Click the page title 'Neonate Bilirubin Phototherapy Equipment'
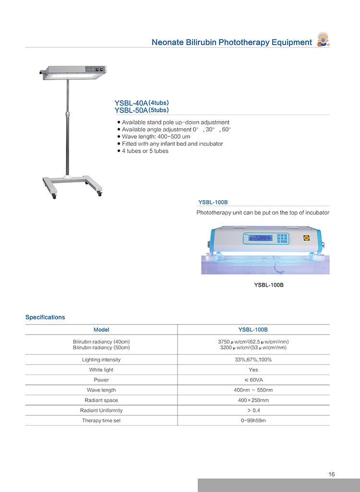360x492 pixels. [x=232, y=42]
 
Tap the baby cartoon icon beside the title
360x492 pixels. [x=322, y=40]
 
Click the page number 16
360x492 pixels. [x=332, y=474]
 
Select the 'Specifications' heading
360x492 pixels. [x=45, y=317]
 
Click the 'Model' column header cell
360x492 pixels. [x=101, y=330]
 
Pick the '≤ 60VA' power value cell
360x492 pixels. [x=253, y=380]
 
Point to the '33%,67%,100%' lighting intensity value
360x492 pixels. [x=253, y=360]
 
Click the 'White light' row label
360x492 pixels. [x=101, y=370]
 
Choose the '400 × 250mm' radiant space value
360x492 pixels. [x=253, y=400]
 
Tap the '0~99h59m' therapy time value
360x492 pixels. [x=253, y=420]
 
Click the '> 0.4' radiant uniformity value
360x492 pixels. [x=253, y=410]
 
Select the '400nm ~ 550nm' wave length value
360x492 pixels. [x=253, y=390]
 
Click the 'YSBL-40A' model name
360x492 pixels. [x=131, y=103]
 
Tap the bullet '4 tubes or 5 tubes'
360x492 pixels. [x=145, y=151]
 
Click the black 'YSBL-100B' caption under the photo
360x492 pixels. [x=269, y=285]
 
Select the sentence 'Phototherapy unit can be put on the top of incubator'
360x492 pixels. [x=263, y=212]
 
